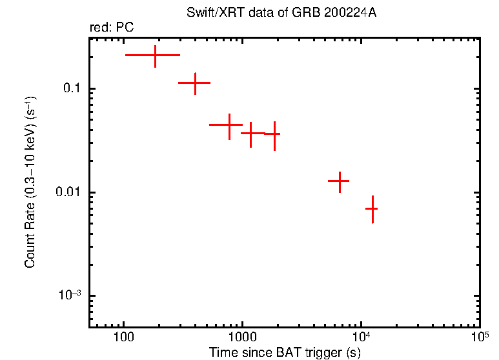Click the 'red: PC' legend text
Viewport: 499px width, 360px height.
(x=111, y=28)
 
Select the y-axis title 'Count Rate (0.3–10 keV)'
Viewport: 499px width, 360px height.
(x=30, y=182)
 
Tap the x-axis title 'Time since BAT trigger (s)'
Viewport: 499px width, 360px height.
(x=284, y=352)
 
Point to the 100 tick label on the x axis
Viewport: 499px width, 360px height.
(x=123, y=337)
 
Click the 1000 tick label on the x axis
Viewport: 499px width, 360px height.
(x=242, y=337)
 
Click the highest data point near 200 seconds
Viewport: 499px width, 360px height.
(x=156, y=55)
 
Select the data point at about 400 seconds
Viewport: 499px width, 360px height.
(x=195, y=83)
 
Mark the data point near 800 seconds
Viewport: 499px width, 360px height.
(x=229, y=125)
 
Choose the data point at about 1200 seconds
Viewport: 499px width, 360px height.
(x=251, y=133)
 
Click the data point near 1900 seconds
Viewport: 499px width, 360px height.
(x=274, y=134)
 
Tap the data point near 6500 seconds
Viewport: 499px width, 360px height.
(x=340, y=182)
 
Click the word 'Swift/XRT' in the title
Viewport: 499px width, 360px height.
(x=208, y=13)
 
